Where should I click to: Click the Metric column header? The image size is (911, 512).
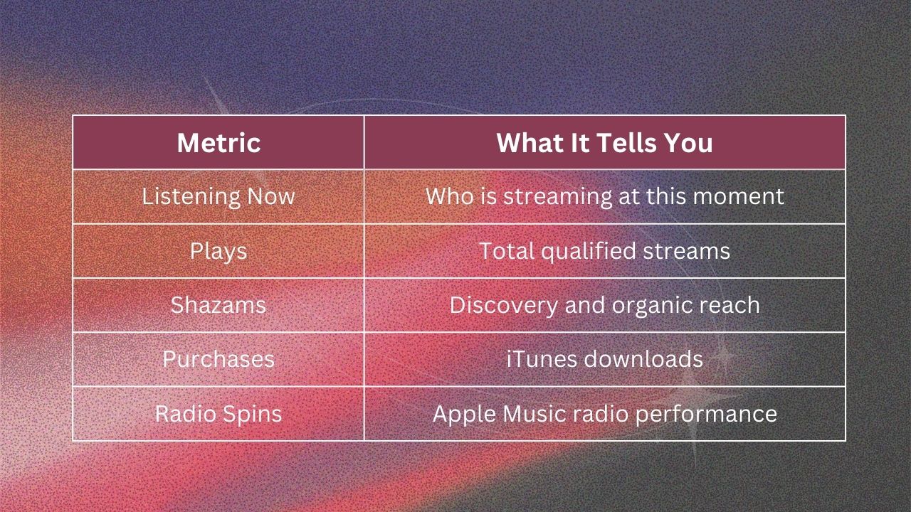click(x=218, y=143)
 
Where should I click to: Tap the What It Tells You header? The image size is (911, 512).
click(x=604, y=143)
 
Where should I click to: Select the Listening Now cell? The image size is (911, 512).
click(x=218, y=197)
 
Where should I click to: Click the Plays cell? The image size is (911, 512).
click(x=218, y=252)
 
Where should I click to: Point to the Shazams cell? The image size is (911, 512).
click(x=218, y=305)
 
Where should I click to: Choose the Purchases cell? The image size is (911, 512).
click(x=218, y=359)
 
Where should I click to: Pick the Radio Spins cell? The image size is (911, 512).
click(x=218, y=414)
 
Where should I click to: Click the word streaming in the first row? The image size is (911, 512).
click(x=557, y=197)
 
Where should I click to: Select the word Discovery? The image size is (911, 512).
click(x=503, y=306)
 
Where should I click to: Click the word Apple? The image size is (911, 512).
click(x=464, y=415)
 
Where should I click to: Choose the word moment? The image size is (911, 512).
click(x=738, y=197)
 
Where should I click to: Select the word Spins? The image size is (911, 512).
click(x=252, y=415)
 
